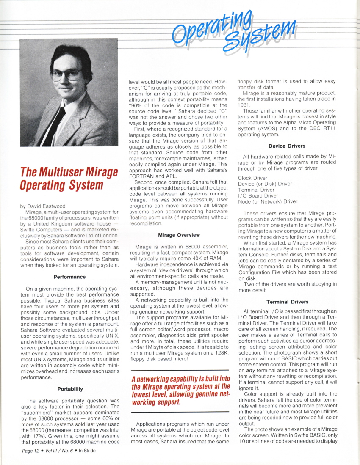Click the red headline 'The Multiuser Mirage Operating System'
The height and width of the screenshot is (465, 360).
click(x=69, y=179)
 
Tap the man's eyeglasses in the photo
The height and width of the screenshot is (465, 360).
click(x=68, y=74)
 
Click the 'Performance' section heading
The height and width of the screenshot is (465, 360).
click(x=69, y=277)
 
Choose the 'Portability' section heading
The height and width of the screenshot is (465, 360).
click(x=70, y=389)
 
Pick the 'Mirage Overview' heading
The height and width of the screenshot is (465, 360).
click(x=179, y=234)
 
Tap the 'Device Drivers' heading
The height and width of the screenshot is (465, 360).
click(x=287, y=146)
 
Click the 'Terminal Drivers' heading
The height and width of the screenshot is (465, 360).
click(x=287, y=302)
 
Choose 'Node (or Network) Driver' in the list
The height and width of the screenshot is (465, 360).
click(x=268, y=201)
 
